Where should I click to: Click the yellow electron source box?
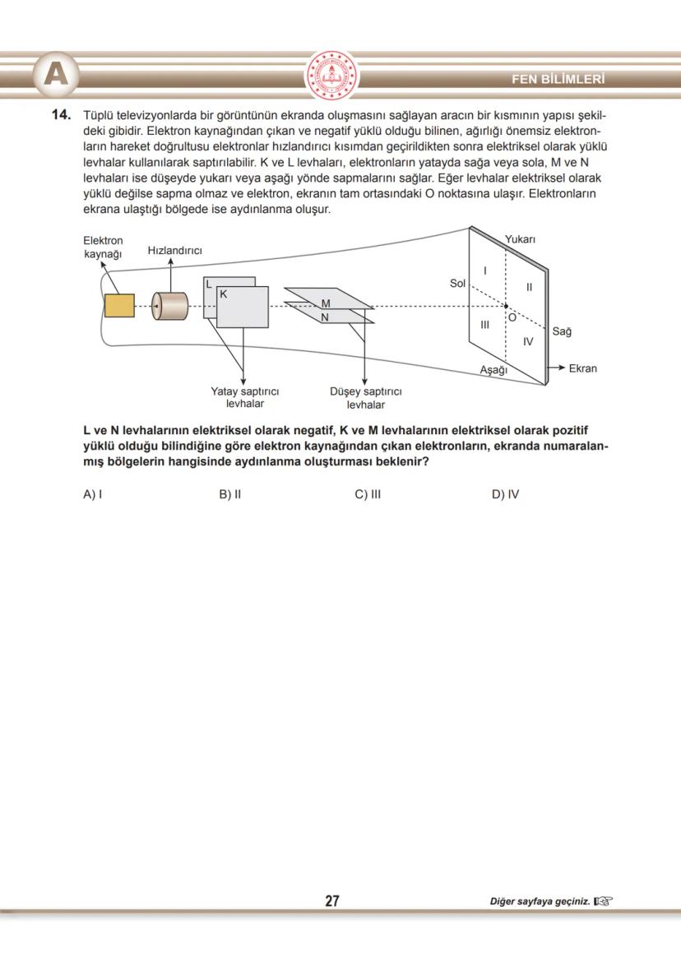119,305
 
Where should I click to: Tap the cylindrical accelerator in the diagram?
170,306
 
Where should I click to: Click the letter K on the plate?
223,294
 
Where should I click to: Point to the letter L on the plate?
210,285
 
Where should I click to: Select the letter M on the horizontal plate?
325,303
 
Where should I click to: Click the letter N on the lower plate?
325,317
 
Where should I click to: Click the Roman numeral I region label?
485,271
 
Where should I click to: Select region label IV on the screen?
528,340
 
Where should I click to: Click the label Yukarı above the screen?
520,239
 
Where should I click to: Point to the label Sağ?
562,331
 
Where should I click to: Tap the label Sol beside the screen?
458,283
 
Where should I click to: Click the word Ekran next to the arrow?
582,368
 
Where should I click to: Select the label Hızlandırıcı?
174,250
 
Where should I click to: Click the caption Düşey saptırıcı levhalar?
365,398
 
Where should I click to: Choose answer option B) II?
229,495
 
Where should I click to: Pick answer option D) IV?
505,495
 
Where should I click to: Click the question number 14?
63,114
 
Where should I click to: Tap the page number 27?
332,901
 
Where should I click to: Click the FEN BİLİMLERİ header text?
558,80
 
